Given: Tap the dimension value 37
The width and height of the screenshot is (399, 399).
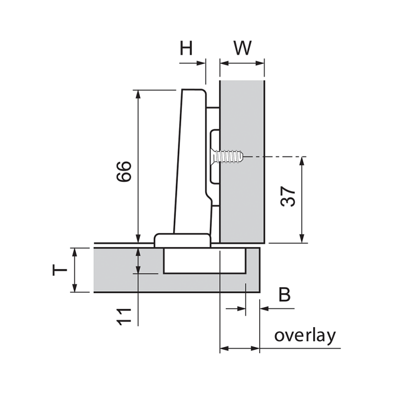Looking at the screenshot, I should tap(288, 198).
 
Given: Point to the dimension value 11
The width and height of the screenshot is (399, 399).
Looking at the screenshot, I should tap(125, 316).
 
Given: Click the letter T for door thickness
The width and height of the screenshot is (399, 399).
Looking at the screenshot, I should tap(59, 270).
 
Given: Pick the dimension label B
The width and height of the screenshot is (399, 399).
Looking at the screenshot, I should tap(284, 294).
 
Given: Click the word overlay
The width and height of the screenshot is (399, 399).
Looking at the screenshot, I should tap(305, 335).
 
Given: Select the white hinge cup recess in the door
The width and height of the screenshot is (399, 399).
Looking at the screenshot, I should tap(204, 260).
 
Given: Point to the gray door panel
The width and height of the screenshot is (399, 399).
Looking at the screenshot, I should tap(115, 272).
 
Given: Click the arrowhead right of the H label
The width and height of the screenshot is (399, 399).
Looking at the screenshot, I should tap(201, 63).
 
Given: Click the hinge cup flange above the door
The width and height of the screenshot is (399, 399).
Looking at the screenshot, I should tap(182, 239).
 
